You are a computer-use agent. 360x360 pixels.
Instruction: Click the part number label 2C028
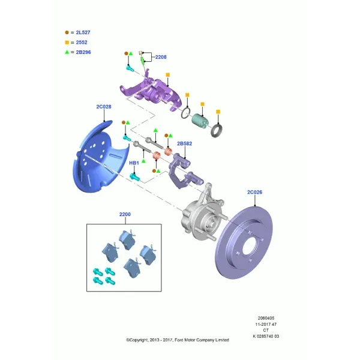point(104,107)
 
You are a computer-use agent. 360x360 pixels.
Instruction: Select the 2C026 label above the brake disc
point(254,192)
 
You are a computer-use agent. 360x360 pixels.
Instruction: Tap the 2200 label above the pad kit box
point(125,214)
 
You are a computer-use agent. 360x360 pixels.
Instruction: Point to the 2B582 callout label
point(184,143)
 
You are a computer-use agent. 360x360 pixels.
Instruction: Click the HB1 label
point(134,163)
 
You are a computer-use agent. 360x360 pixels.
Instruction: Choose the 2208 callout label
point(161,57)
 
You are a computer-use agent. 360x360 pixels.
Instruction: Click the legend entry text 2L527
point(83,32)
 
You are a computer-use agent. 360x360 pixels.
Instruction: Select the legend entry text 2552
point(82,43)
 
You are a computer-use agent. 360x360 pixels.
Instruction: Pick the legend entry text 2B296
point(83,52)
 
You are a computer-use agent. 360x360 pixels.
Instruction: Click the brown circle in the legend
point(67,32)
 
